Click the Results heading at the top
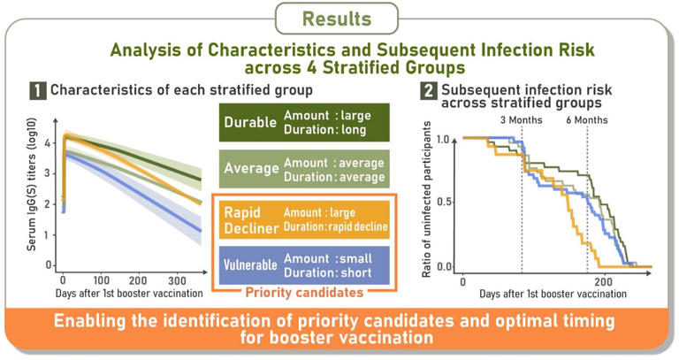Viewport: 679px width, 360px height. click(339, 18)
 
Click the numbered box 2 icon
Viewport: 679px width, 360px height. click(430, 89)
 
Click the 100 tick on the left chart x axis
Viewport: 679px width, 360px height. click(102, 280)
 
